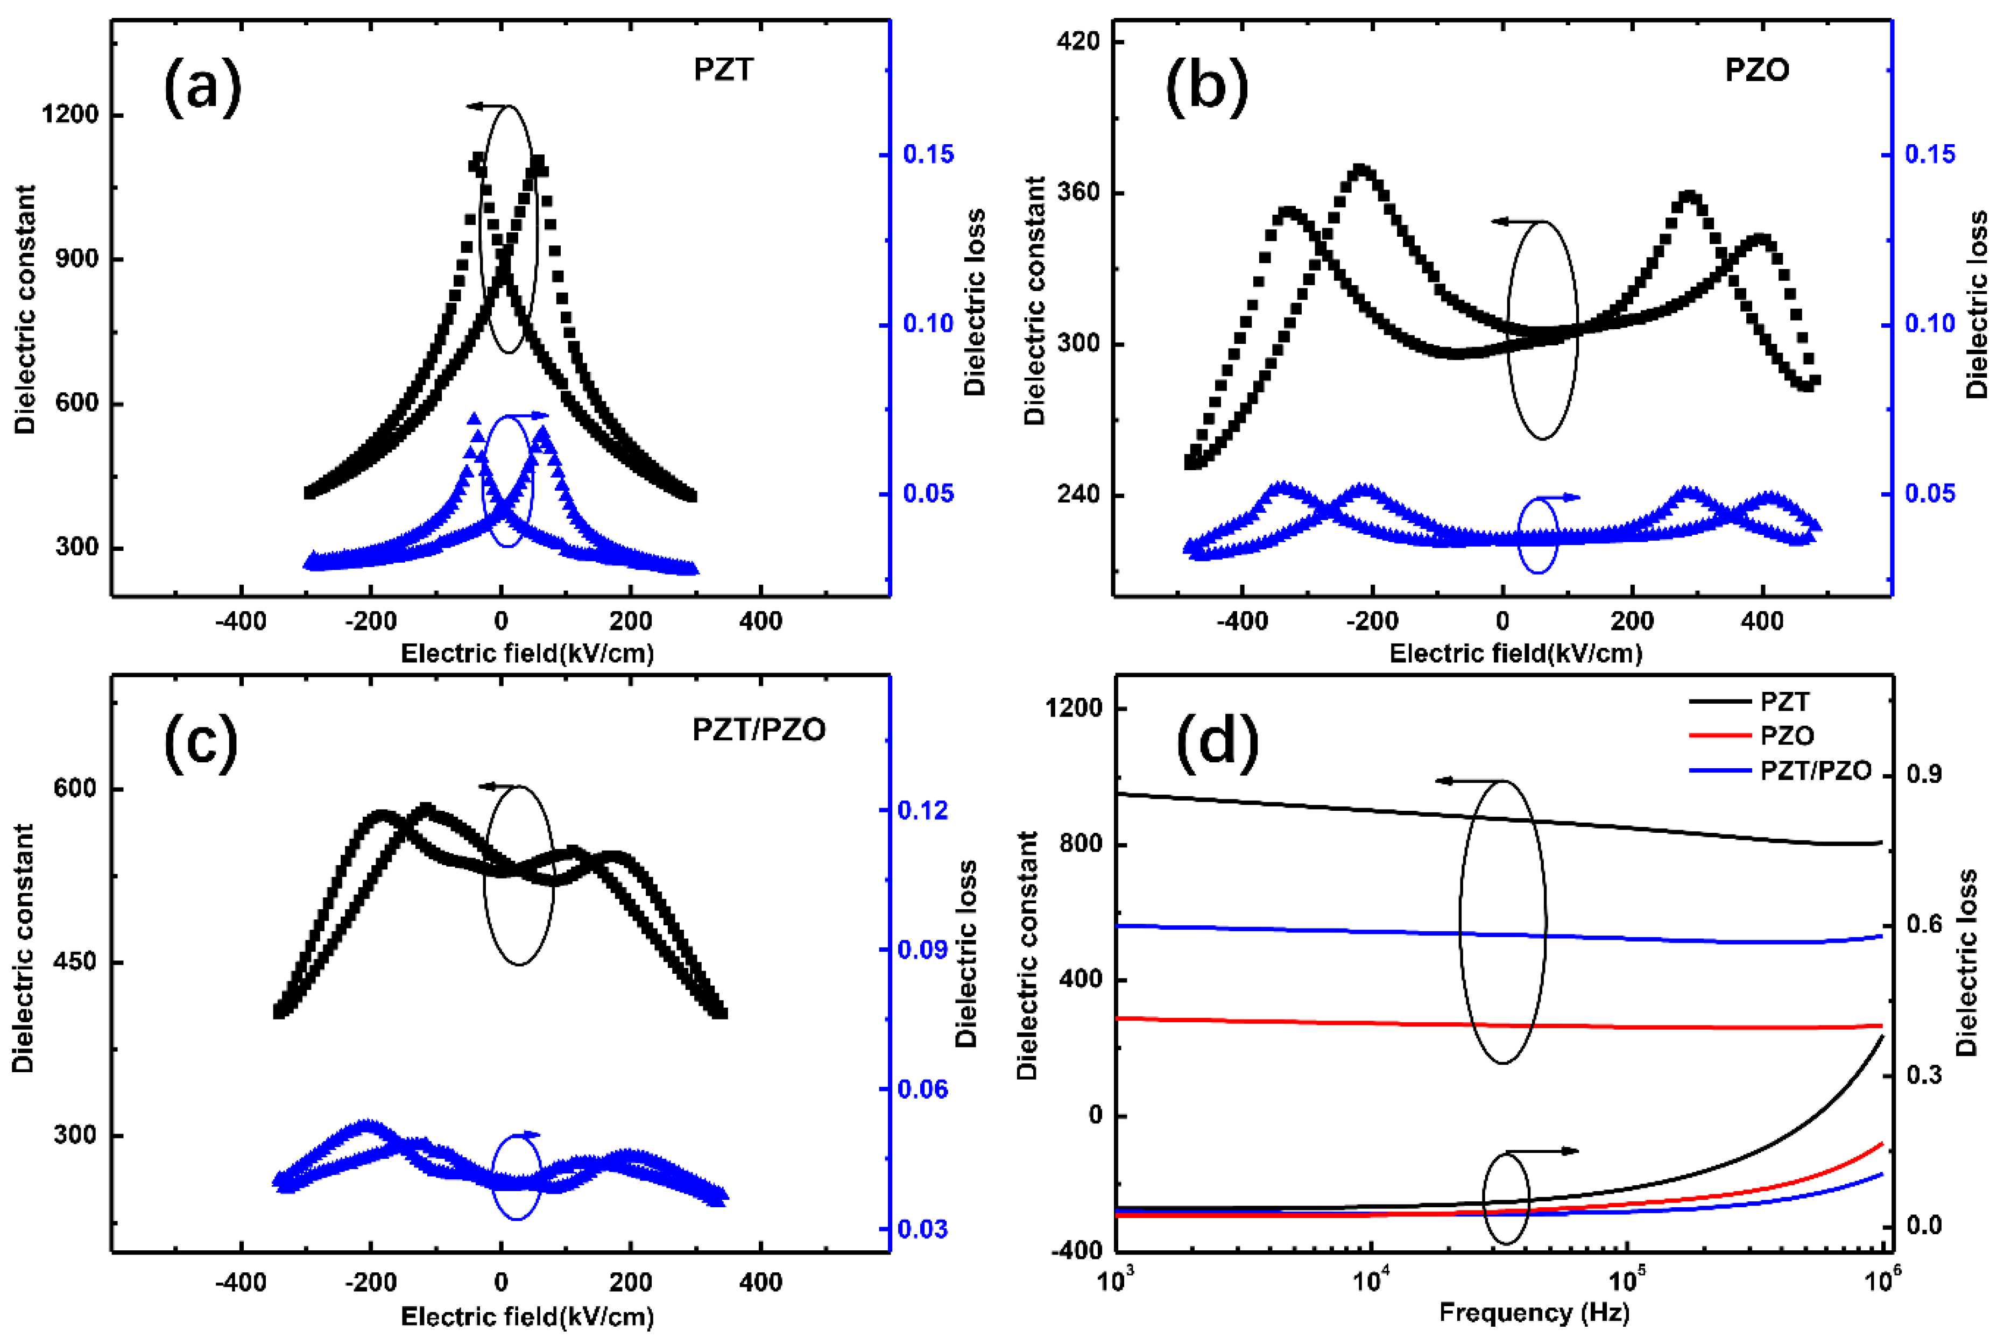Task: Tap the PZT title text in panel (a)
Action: [724, 69]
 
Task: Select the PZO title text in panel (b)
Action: [1756, 69]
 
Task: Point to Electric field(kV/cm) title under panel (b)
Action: [1516, 654]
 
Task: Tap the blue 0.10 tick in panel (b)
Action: [1930, 323]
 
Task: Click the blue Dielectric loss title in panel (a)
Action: [974, 303]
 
